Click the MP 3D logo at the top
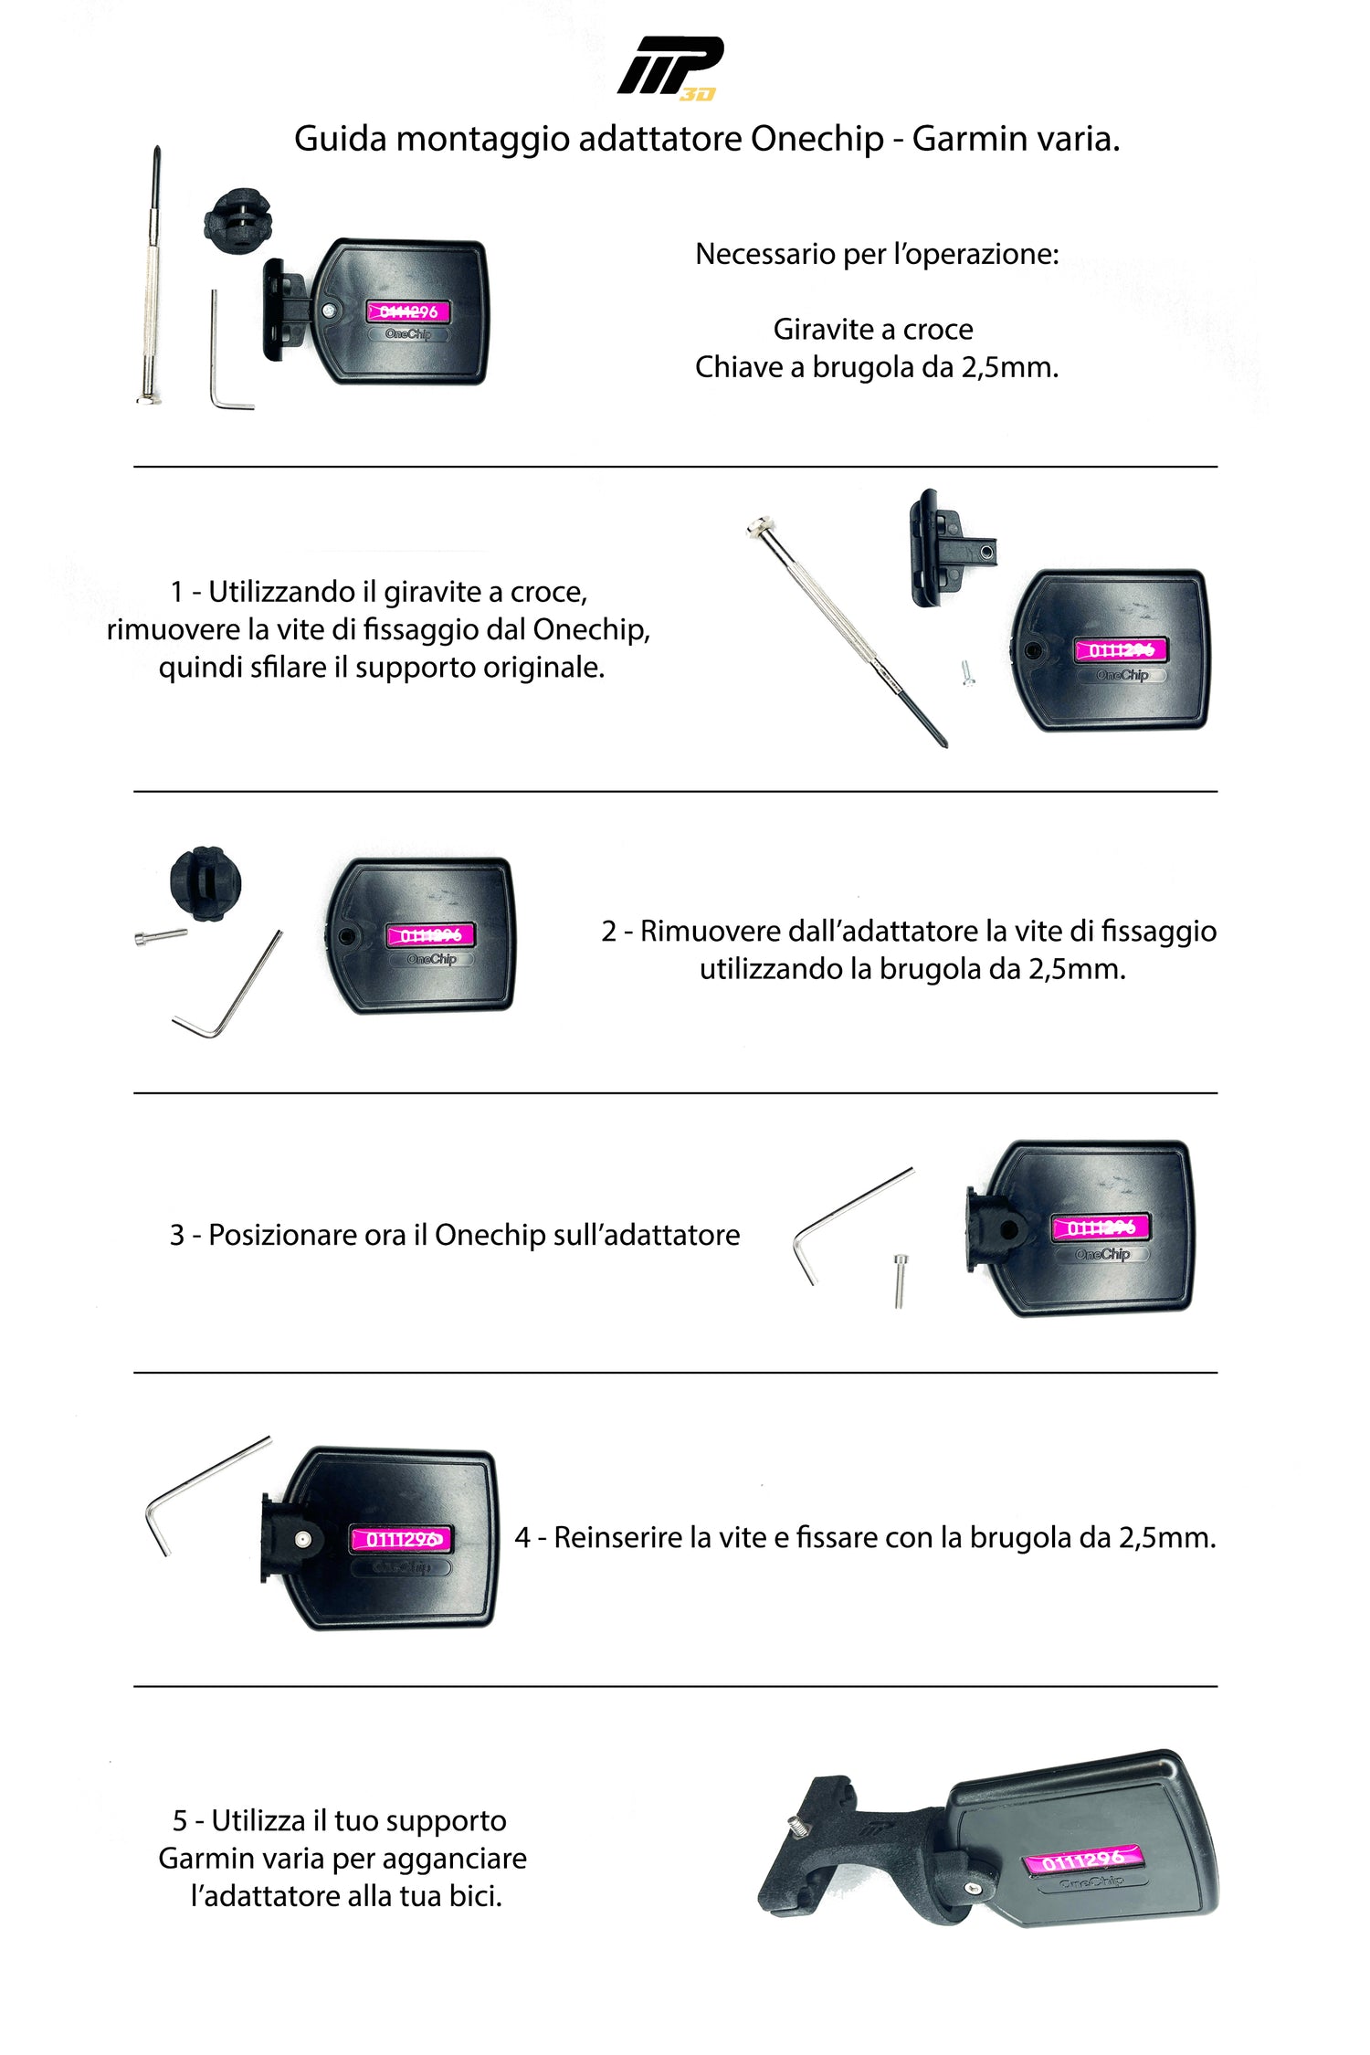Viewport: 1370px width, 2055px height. [x=670, y=68]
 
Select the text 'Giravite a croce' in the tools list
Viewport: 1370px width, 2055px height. [x=873, y=329]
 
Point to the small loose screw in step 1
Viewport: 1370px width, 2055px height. [x=968, y=672]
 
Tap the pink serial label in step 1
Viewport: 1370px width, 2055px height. [x=1121, y=649]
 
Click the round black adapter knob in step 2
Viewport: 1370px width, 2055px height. [x=206, y=883]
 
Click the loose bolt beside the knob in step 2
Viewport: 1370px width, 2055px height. [x=161, y=936]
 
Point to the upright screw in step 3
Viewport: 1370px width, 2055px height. [x=901, y=1280]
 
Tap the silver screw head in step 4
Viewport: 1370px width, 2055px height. [x=303, y=1540]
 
